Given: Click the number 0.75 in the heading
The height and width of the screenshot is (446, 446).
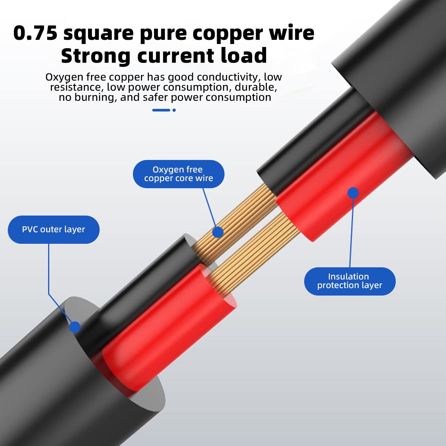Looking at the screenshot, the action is pyautogui.click(x=35, y=33).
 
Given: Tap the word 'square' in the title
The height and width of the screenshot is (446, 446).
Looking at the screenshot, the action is pyautogui.click(x=98, y=34).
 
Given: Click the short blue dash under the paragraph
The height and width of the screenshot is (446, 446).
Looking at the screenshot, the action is pyautogui.click(x=161, y=110).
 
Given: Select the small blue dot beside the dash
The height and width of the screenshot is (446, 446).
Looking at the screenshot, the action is pyautogui.click(x=174, y=110).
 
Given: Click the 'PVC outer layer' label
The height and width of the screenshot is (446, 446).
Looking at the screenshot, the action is pyautogui.click(x=54, y=230).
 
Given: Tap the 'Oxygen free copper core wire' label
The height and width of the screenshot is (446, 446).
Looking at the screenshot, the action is pyautogui.click(x=178, y=174).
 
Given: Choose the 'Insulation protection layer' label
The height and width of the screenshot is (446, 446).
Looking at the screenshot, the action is pyautogui.click(x=350, y=281).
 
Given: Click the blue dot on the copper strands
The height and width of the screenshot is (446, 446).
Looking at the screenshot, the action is pyautogui.click(x=218, y=232).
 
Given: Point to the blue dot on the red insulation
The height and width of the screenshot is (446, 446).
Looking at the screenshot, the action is pyautogui.click(x=353, y=193).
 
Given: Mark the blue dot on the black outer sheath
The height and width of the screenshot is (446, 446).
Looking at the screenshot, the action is pyautogui.click(x=75, y=327).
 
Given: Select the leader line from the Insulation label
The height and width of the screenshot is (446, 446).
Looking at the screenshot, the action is pyautogui.click(x=351, y=232).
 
